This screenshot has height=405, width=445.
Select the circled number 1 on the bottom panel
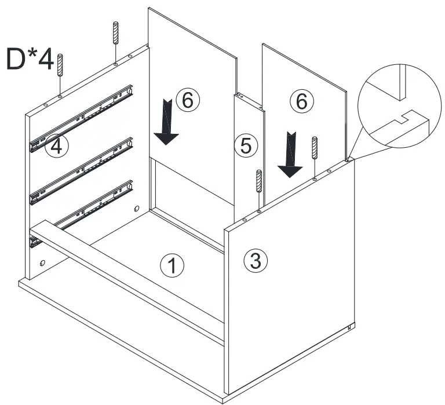coord(172,266)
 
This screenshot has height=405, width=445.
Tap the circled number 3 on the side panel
coord(255,261)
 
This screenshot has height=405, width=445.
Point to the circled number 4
coord(56,145)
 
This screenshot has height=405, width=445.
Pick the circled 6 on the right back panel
coord(301,101)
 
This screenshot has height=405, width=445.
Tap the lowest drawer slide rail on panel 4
coord(87,209)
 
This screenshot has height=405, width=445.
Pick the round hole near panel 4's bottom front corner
coord(42,263)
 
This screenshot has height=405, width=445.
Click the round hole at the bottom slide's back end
coord(137,209)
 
